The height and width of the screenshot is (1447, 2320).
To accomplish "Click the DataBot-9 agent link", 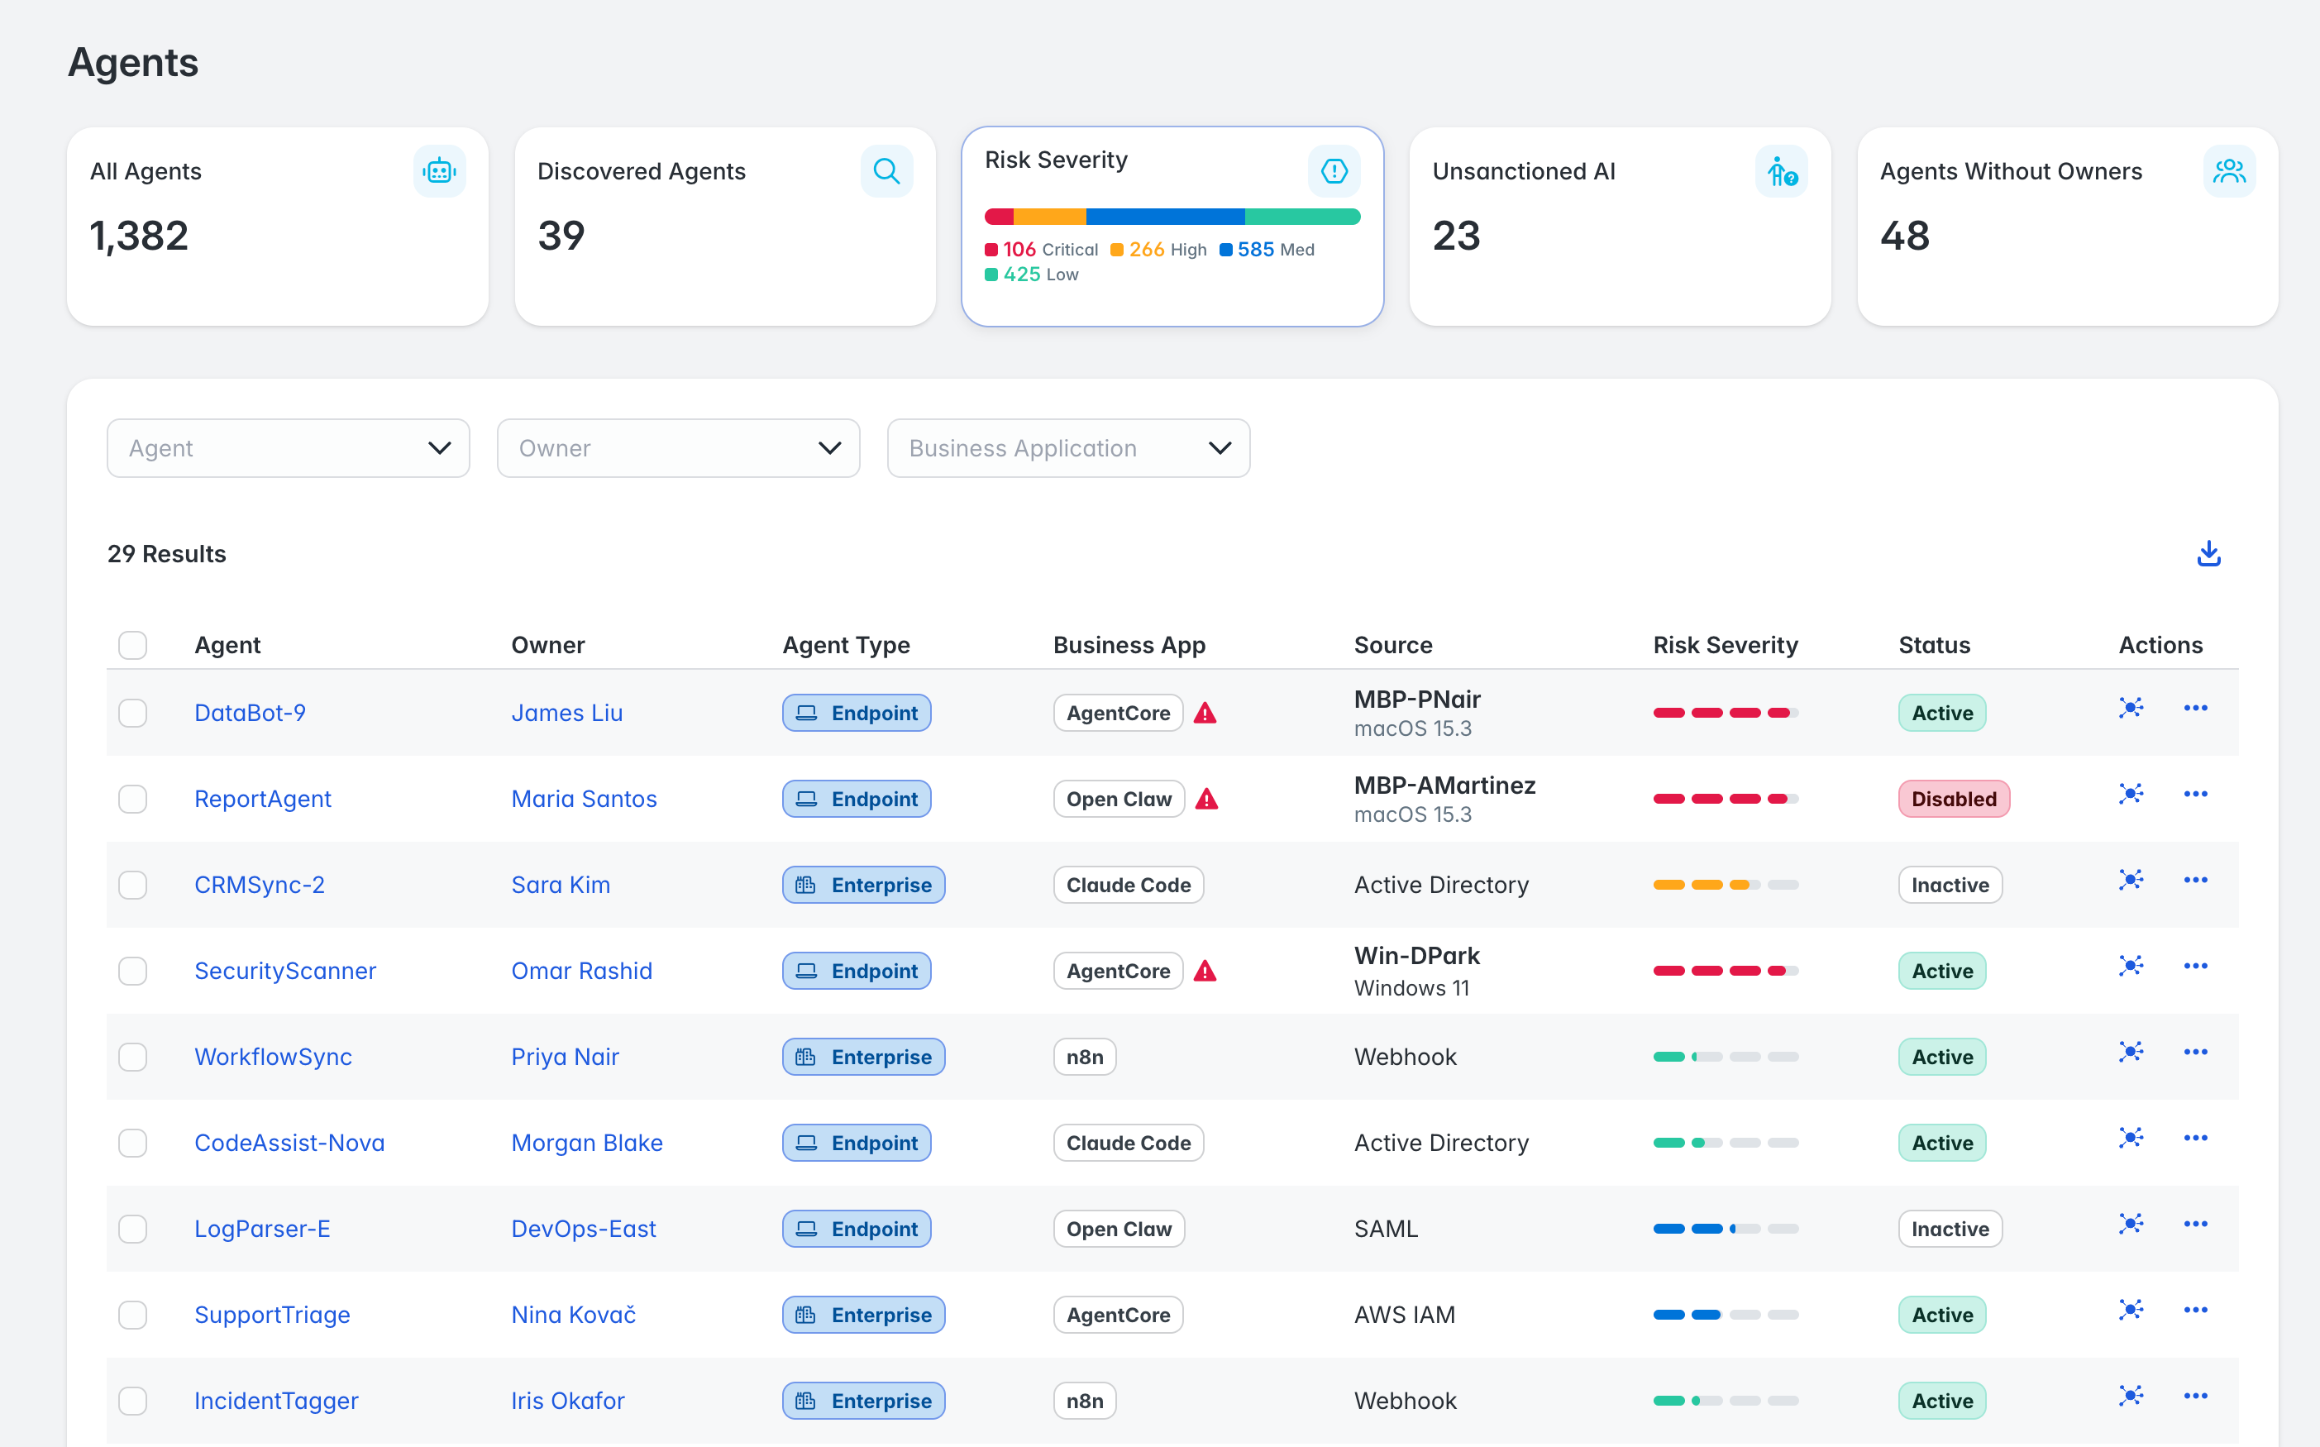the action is [x=250, y=713].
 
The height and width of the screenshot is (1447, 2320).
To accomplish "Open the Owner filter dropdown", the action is [x=678, y=448].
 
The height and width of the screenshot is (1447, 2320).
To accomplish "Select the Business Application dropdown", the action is [x=1068, y=448].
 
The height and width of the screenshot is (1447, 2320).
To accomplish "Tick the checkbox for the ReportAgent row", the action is [x=133, y=799].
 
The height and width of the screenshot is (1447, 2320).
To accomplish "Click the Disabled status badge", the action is [x=1954, y=799].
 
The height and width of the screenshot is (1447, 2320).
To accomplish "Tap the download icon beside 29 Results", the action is [x=2208, y=553].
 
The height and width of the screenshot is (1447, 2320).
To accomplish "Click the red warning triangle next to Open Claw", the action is [x=1206, y=799].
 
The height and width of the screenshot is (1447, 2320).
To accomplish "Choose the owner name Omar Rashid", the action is [x=582, y=972].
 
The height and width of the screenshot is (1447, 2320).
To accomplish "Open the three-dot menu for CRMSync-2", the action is [x=2196, y=881].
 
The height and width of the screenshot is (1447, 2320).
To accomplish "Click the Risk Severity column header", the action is [x=1725, y=645].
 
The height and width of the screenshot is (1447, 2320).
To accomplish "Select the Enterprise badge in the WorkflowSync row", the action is [x=864, y=1057].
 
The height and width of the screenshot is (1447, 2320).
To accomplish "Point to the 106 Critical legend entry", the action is [x=1041, y=250].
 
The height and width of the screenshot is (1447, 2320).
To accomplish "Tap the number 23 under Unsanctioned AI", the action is [x=1456, y=236].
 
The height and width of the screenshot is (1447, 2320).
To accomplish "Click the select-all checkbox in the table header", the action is [x=133, y=645].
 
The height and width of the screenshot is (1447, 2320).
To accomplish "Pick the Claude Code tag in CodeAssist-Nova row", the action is [x=1129, y=1143].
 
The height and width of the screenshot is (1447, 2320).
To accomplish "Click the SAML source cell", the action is [x=1386, y=1229].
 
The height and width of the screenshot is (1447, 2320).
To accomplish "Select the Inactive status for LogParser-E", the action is [x=1950, y=1229].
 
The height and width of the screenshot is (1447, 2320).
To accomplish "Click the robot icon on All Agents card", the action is [x=439, y=171].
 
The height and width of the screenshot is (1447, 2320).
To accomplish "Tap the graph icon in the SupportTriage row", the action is [x=2131, y=1310].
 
